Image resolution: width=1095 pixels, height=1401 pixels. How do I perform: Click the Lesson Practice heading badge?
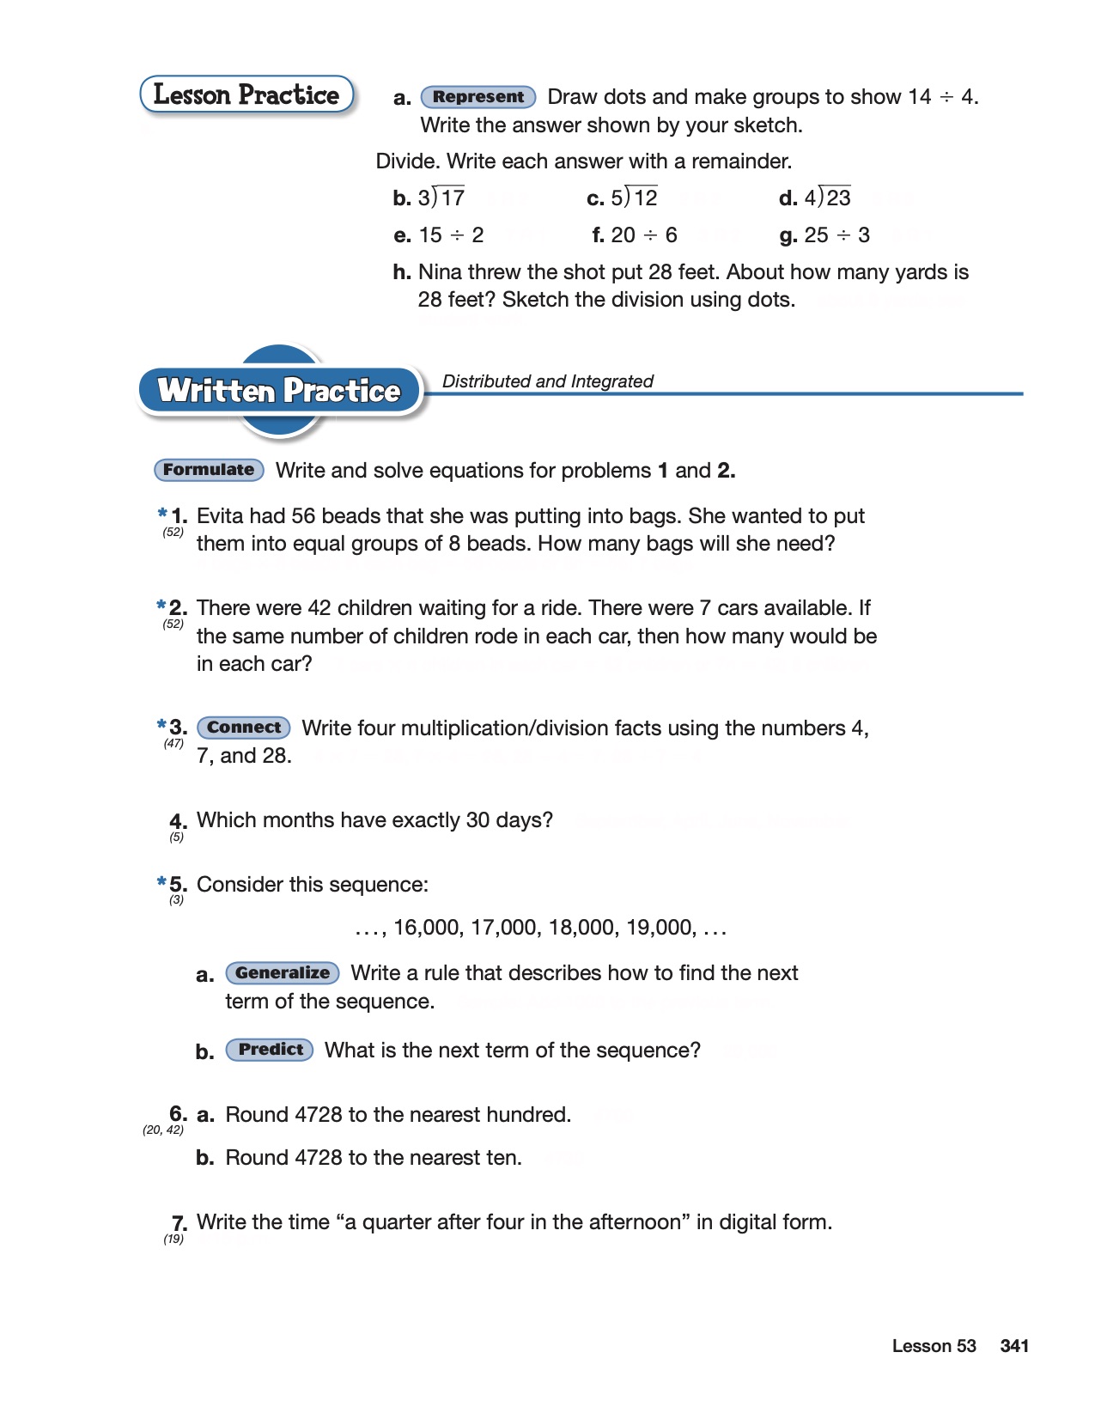[246, 94]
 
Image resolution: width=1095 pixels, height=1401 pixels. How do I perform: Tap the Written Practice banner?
[279, 391]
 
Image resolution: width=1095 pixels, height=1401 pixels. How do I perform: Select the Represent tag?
[478, 97]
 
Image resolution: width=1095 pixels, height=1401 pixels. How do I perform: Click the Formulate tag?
[209, 470]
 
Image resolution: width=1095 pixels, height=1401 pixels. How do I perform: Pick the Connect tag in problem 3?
[244, 728]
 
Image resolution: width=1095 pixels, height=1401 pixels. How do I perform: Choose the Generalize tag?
[282, 973]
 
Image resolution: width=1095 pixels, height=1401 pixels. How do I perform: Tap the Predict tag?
[270, 1050]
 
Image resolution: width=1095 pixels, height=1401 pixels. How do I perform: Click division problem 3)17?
[441, 198]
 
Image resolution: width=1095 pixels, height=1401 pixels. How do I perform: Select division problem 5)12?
[634, 198]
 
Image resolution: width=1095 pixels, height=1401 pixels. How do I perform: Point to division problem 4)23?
[826, 198]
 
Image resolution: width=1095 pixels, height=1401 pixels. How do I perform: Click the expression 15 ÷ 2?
[451, 235]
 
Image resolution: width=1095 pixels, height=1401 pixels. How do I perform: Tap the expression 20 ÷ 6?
[644, 235]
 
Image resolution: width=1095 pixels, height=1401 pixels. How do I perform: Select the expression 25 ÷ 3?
[836, 235]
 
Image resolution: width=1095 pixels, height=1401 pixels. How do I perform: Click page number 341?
[1014, 1346]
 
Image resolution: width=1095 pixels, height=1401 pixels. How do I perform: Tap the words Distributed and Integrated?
[547, 381]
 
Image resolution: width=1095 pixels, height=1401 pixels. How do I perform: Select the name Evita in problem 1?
[219, 516]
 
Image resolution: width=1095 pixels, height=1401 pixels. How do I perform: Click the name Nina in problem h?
[437, 272]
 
